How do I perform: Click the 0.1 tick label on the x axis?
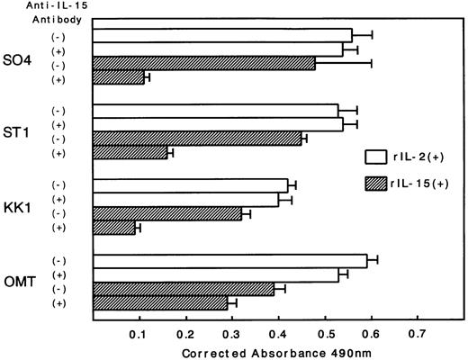[138, 333]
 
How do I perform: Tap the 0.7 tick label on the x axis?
[418, 333]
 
